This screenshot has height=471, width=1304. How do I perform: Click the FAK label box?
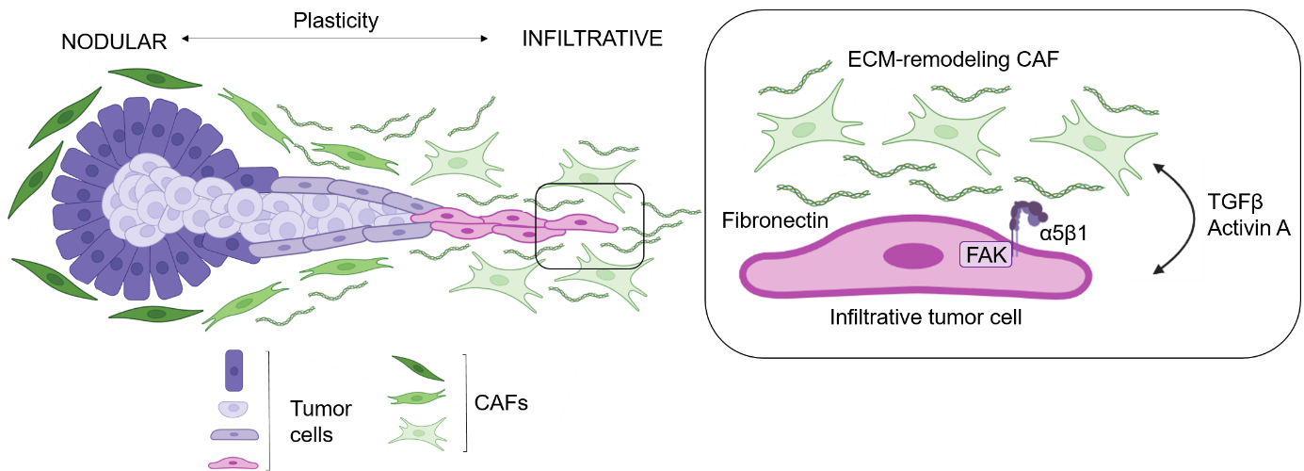(x=985, y=253)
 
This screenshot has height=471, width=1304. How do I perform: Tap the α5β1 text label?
(x=1064, y=233)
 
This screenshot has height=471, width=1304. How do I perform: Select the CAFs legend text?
(x=501, y=403)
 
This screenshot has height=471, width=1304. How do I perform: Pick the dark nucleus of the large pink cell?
(x=912, y=255)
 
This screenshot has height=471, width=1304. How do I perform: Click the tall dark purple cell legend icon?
(x=233, y=370)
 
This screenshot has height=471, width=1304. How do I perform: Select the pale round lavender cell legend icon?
(x=233, y=409)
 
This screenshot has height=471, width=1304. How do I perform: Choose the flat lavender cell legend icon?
(x=233, y=434)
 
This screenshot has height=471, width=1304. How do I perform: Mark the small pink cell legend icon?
(x=233, y=462)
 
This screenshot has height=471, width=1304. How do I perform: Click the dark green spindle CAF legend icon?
(x=417, y=368)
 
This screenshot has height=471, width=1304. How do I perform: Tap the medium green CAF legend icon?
(x=417, y=398)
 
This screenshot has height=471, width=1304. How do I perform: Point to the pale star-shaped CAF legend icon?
(x=417, y=433)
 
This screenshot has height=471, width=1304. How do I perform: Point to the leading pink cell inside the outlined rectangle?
(x=581, y=223)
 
